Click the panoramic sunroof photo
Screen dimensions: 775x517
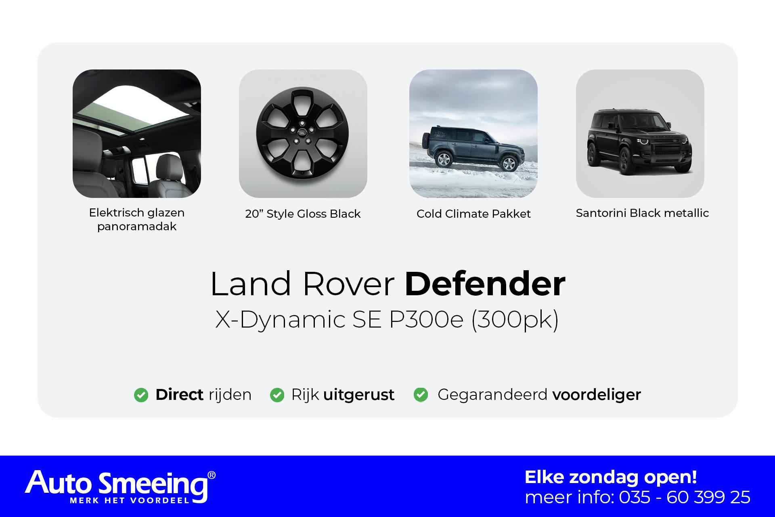[x=137, y=134]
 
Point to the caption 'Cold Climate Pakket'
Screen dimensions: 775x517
[x=473, y=214]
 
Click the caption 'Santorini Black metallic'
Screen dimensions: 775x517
[x=642, y=213]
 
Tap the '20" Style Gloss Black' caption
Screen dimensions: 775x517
[x=303, y=214]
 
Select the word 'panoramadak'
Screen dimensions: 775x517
[x=137, y=227]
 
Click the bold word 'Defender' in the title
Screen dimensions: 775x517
[x=485, y=284]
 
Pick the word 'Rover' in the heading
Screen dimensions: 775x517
[x=348, y=284]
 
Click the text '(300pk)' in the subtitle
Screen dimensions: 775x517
[x=515, y=320]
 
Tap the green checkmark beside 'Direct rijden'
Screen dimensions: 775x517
[x=141, y=395]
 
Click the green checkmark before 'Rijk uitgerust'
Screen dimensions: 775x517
[x=277, y=395]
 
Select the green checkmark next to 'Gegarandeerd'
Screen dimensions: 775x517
[x=421, y=395]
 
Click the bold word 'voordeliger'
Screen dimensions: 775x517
[x=597, y=395]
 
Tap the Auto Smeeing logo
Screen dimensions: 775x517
[x=120, y=487]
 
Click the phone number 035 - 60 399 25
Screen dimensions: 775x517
[x=685, y=497]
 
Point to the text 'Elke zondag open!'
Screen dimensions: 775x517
[x=611, y=477]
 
